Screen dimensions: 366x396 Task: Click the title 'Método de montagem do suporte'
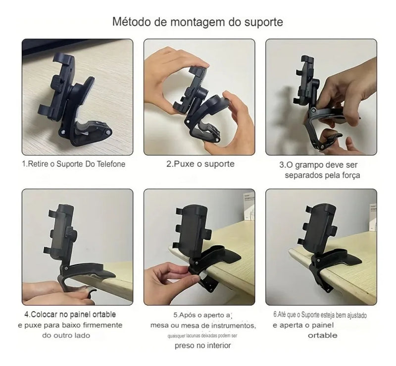tap(198, 22)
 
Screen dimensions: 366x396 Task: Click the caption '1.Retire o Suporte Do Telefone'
tap(73, 164)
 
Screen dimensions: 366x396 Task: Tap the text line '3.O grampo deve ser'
tap(319, 165)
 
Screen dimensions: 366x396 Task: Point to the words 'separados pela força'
tap(322, 175)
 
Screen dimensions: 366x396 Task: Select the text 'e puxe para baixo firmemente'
tap(70, 325)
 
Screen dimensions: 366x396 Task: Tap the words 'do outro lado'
tap(66, 335)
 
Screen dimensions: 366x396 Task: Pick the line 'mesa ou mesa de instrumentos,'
tap(203, 325)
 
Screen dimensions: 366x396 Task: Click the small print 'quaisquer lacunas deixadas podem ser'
tap(202, 335)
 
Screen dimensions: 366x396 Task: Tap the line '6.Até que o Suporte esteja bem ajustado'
tap(320, 315)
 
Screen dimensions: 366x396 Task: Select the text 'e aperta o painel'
tap(303, 325)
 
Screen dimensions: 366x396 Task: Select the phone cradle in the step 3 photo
tap(307, 82)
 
